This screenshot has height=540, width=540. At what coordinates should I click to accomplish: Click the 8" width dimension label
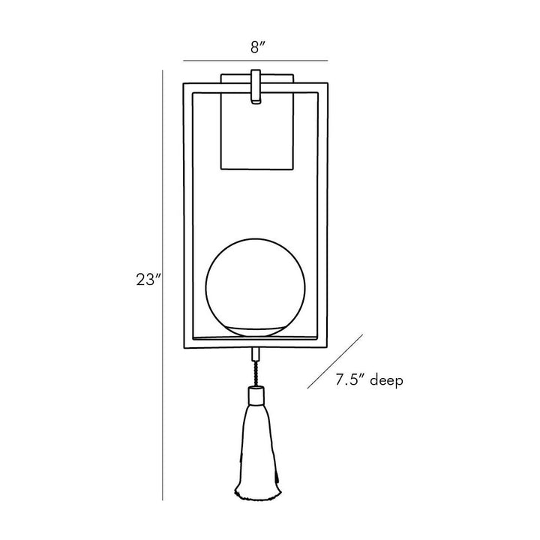[x=258, y=47]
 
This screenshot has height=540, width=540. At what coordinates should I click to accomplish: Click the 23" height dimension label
[x=148, y=280]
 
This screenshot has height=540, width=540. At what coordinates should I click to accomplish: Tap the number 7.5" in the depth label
[x=350, y=379]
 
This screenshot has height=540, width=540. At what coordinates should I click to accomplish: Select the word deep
[x=386, y=381]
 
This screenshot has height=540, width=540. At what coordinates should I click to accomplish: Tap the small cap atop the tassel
[x=256, y=395]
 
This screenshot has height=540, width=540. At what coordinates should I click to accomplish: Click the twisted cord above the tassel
[x=256, y=373]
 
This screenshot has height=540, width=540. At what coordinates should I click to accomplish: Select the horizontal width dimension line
[x=255, y=61]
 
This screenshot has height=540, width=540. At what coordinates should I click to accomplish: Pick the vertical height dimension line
[x=163, y=285]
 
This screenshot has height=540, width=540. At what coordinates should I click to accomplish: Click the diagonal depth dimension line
[x=335, y=361]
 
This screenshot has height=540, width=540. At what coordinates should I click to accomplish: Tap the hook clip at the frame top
[x=256, y=86]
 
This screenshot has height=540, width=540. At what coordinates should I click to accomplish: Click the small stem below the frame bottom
[x=256, y=354]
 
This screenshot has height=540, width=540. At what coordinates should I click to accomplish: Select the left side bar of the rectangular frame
[x=188, y=215]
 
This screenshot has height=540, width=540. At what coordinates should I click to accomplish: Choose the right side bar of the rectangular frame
[x=322, y=214]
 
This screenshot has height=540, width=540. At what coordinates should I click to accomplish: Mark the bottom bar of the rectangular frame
[x=256, y=343]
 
